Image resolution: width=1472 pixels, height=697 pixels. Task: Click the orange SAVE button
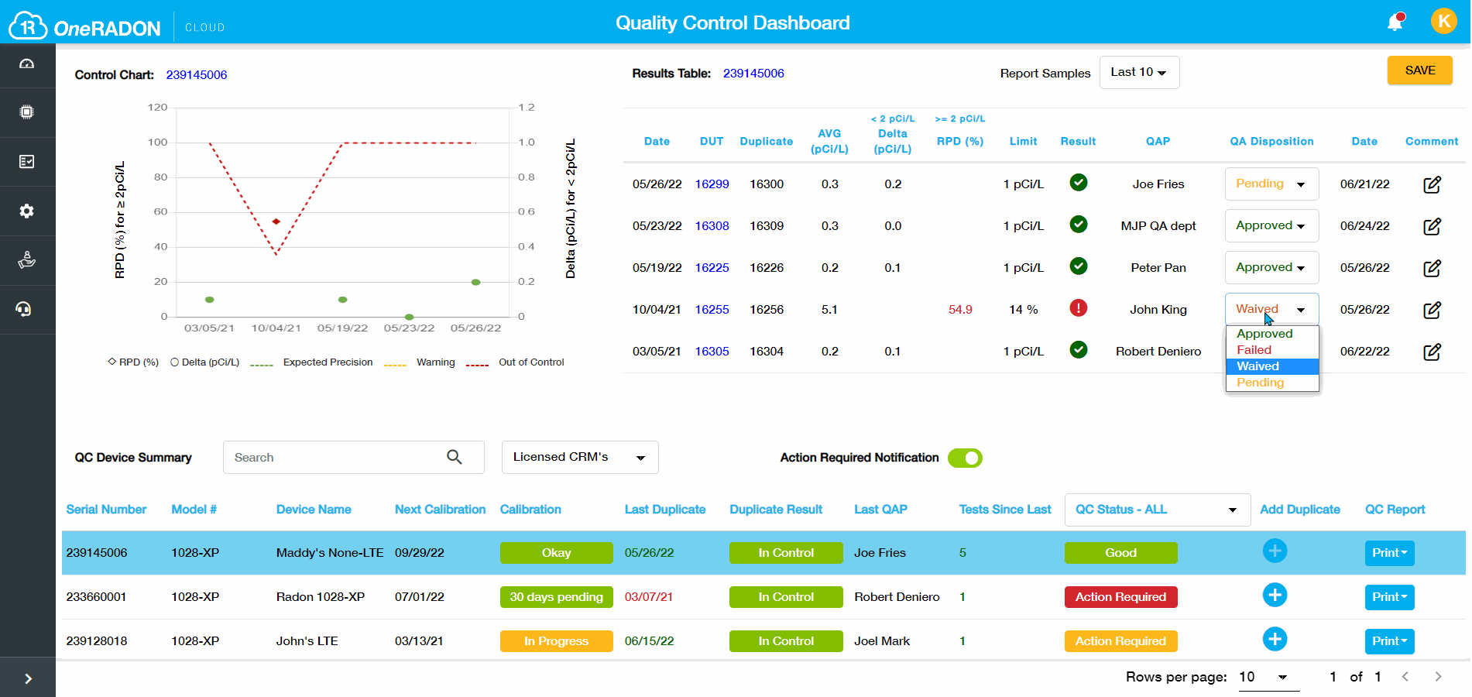click(1419, 70)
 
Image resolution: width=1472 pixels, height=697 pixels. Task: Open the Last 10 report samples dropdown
click(1139, 72)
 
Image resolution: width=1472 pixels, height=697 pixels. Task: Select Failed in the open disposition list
click(1254, 350)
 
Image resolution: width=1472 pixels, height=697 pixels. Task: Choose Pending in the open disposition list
click(1261, 383)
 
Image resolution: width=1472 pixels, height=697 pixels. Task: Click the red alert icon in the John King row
click(1078, 308)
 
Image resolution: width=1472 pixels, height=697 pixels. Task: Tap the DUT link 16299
click(712, 184)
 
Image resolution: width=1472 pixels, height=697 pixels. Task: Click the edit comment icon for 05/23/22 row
click(1432, 226)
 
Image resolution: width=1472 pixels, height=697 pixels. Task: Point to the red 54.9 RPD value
click(960, 310)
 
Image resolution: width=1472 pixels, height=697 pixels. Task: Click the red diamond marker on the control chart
click(276, 221)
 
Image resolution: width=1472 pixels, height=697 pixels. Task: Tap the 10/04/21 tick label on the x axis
click(276, 328)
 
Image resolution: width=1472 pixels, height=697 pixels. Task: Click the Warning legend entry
click(435, 362)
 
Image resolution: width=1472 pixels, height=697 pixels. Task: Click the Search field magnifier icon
click(455, 458)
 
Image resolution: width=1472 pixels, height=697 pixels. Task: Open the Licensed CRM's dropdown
click(579, 457)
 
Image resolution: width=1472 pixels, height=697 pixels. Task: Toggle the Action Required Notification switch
click(965, 458)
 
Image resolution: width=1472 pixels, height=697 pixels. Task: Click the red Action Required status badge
click(1120, 597)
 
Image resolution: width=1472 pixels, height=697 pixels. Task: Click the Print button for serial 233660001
click(1389, 597)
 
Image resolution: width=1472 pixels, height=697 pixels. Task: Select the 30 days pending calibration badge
click(556, 597)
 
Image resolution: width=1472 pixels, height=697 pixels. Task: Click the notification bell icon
click(1395, 22)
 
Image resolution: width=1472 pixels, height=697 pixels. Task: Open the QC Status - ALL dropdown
click(1157, 510)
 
